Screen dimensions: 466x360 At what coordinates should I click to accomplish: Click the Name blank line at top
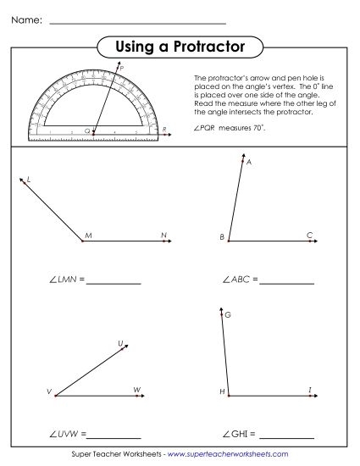[x=137, y=22]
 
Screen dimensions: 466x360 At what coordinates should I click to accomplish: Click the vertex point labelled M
[x=82, y=241]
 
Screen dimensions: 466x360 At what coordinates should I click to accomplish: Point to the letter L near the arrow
[x=29, y=180]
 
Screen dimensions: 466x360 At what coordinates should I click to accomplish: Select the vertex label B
[x=221, y=236]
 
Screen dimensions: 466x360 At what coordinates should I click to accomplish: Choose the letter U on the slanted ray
[x=120, y=344]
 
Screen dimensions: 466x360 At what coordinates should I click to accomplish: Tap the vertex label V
[x=49, y=392]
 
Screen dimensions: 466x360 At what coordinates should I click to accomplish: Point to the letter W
[x=136, y=389]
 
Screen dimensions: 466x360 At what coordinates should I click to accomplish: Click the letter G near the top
[x=228, y=315]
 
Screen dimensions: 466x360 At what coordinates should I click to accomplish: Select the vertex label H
[x=222, y=391]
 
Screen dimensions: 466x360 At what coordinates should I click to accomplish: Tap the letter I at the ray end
[x=310, y=389]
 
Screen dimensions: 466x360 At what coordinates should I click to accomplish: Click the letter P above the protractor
[x=122, y=68]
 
